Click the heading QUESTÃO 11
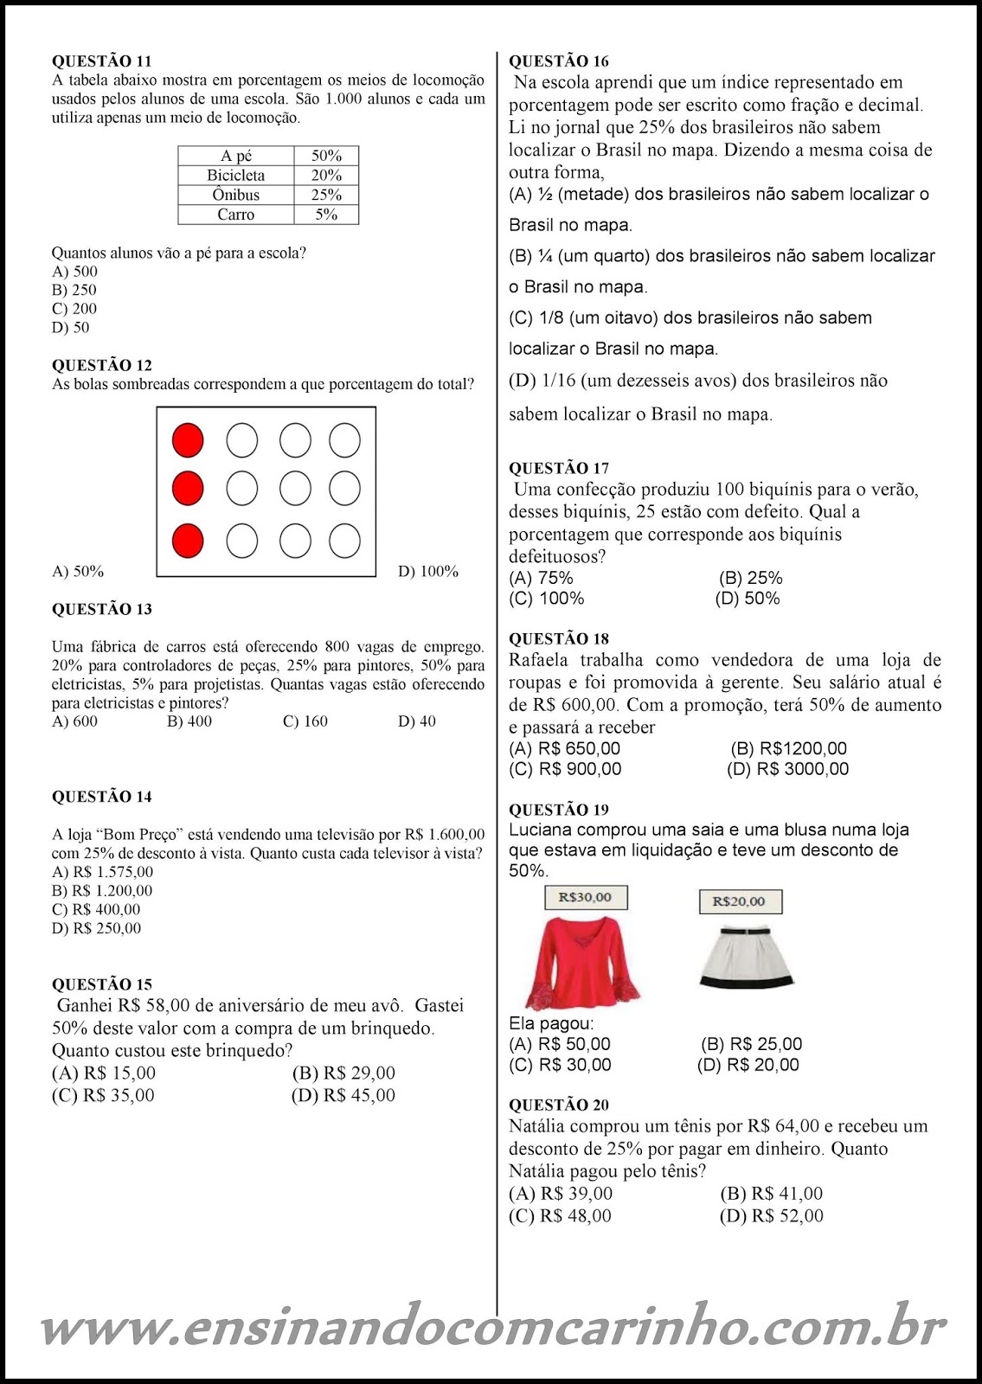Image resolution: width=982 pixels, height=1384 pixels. [101, 61]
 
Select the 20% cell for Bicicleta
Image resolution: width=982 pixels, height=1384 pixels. [326, 175]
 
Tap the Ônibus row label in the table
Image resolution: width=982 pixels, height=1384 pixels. [235, 195]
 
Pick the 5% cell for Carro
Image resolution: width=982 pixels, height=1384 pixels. [326, 215]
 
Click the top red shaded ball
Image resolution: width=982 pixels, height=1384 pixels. [188, 439]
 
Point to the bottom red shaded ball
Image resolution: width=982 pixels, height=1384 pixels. [188, 541]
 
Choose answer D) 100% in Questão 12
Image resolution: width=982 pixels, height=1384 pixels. [427, 572]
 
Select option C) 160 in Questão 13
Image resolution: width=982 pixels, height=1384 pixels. [305, 721]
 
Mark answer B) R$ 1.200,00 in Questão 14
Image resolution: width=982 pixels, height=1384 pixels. [102, 891]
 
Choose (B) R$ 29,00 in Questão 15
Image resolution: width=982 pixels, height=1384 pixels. [343, 1073]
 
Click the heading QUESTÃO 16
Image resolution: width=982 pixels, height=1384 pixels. [558, 61]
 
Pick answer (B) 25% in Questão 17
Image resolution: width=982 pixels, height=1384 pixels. [750, 578]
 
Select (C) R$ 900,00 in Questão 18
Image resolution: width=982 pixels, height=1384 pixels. [565, 769]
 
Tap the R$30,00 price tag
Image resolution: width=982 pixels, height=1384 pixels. [586, 898]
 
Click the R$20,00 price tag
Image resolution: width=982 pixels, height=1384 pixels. [739, 901]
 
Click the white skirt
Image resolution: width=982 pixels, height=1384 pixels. [745, 957]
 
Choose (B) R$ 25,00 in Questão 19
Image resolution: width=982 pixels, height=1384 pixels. [751, 1044]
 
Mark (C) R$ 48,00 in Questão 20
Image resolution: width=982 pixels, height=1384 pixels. [560, 1216]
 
